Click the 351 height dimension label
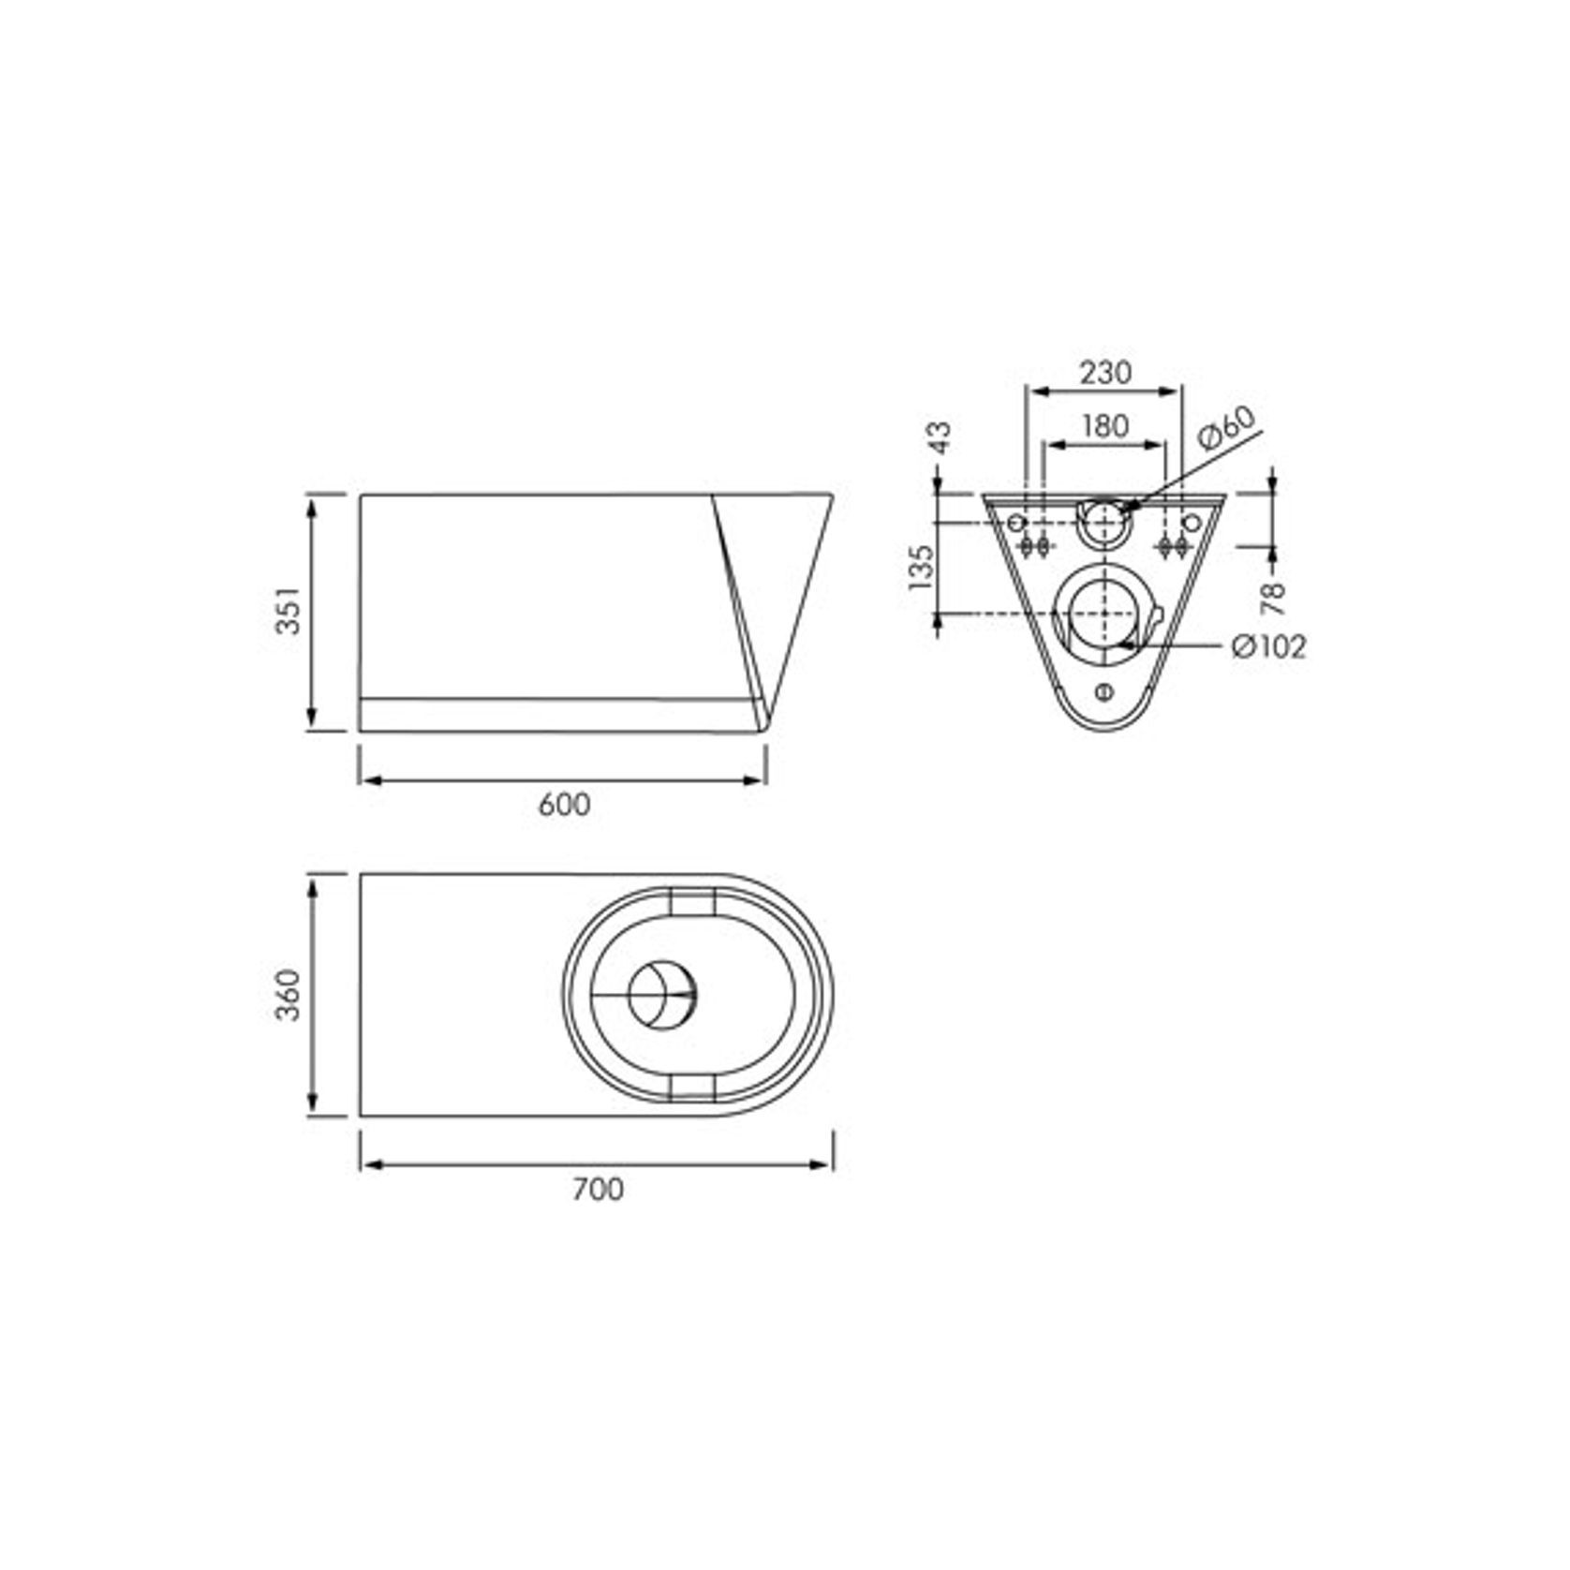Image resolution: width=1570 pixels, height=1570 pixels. (x=289, y=611)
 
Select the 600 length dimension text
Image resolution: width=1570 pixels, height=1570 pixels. (x=564, y=805)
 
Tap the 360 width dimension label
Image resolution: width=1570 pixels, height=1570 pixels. (x=289, y=995)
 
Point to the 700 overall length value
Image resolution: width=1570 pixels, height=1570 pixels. (x=598, y=1189)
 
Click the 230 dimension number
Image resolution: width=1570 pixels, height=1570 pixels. (x=1105, y=372)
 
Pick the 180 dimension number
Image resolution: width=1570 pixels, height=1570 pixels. (x=1105, y=426)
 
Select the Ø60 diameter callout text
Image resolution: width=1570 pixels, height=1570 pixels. (x=1226, y=429)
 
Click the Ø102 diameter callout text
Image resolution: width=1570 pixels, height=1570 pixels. (x=1269, y=646)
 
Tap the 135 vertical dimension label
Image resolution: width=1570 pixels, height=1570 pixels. (x=922, y=568)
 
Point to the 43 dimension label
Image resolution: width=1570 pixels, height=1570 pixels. (x=939, y=437)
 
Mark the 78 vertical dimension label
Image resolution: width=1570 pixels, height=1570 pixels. (x=1274, y=598)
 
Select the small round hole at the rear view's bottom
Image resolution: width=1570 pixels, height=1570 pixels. (x=1104, y=692)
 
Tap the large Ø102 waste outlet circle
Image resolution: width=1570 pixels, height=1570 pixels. (x=1104, y=613)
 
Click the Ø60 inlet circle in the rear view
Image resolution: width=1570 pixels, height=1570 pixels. (x=1104, y=523)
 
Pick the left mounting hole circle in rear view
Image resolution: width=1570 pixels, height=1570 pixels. (x=1017, y=522)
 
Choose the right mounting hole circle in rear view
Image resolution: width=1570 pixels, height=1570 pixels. (x=1192, y=522)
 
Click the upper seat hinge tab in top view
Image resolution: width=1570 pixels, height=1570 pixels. (x=694, y=901)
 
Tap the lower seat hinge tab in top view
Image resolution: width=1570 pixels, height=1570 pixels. (x=694, y=1087)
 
